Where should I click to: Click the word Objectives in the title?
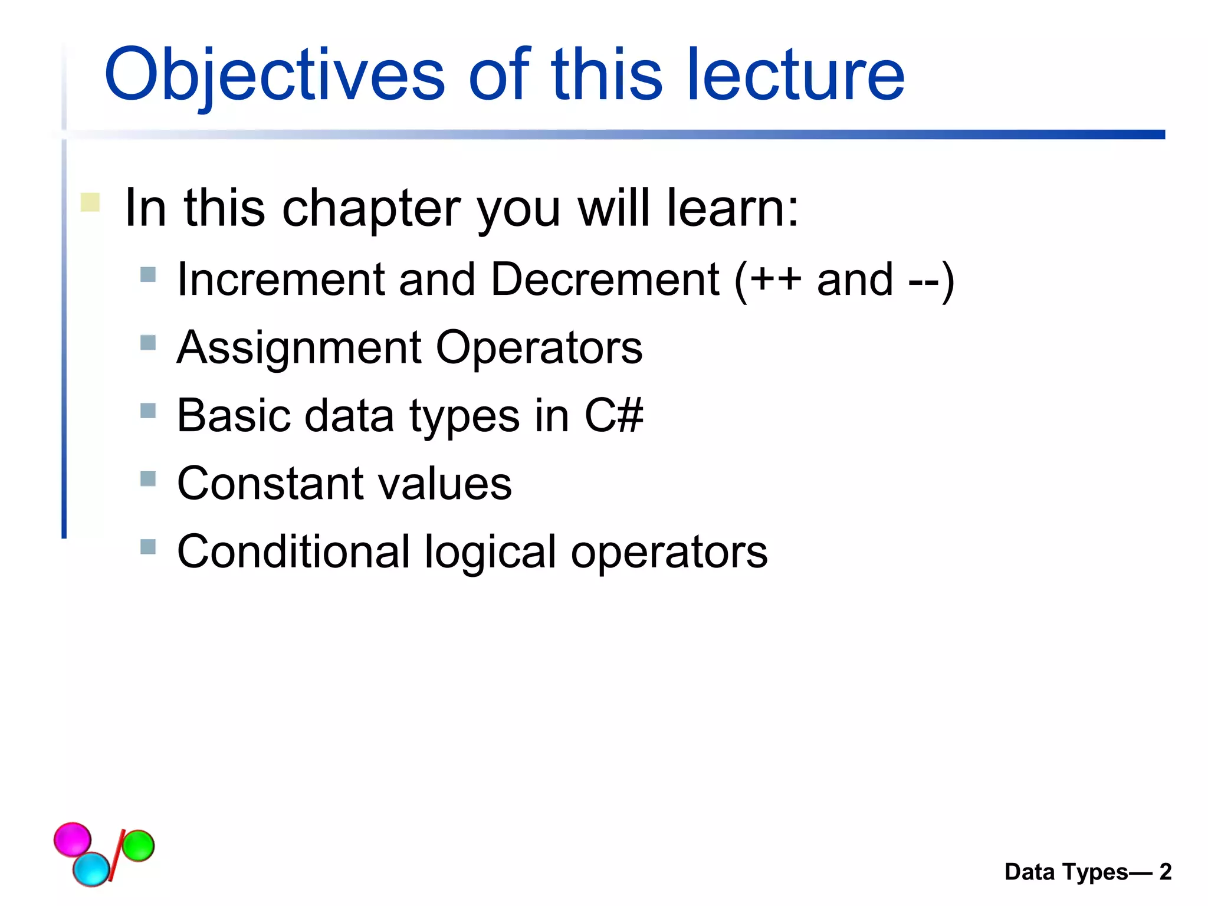point(274,75)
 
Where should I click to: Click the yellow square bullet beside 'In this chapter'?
point(90,202)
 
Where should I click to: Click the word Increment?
point(280,280)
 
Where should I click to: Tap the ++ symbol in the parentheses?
point(775,280)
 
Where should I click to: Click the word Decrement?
point(604,280)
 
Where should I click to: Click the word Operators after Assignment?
point(539,349)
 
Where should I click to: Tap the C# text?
point(613,416)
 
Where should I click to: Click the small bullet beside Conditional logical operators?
point(148,547)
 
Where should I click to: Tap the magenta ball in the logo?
point(73,839)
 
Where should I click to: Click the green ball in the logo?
point(138,845)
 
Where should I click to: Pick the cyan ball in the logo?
point(91,869)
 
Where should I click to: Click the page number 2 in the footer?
point(1165,872)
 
